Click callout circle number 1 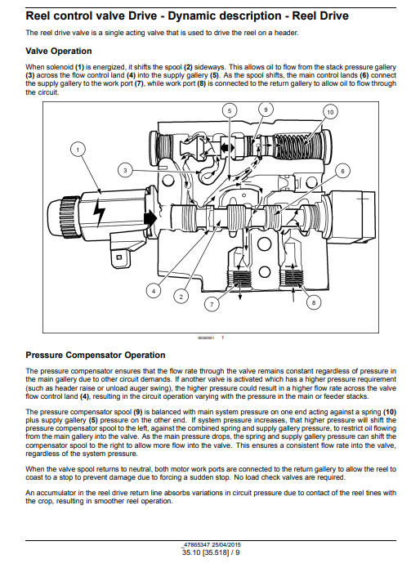[x=78, y=149]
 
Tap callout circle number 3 [x=125, y=171]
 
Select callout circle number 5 [x=230, y=110]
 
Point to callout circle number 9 [x=266, y=110]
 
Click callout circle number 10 [x=330, y=112]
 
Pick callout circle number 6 [x=342, y=171]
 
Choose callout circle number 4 [x=154, y=291]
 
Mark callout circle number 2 [x=181, y=297]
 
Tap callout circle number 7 [x=212, y=304]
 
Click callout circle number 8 [x=314, y=302]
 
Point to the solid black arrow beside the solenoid [x=150, y=218]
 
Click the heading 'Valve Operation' [x=59, y=51]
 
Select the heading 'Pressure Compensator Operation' [x=96, y=355]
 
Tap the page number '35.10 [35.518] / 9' [x=211, y=552]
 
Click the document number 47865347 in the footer [x=197, y=545]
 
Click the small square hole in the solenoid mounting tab [x=118, y=257]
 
